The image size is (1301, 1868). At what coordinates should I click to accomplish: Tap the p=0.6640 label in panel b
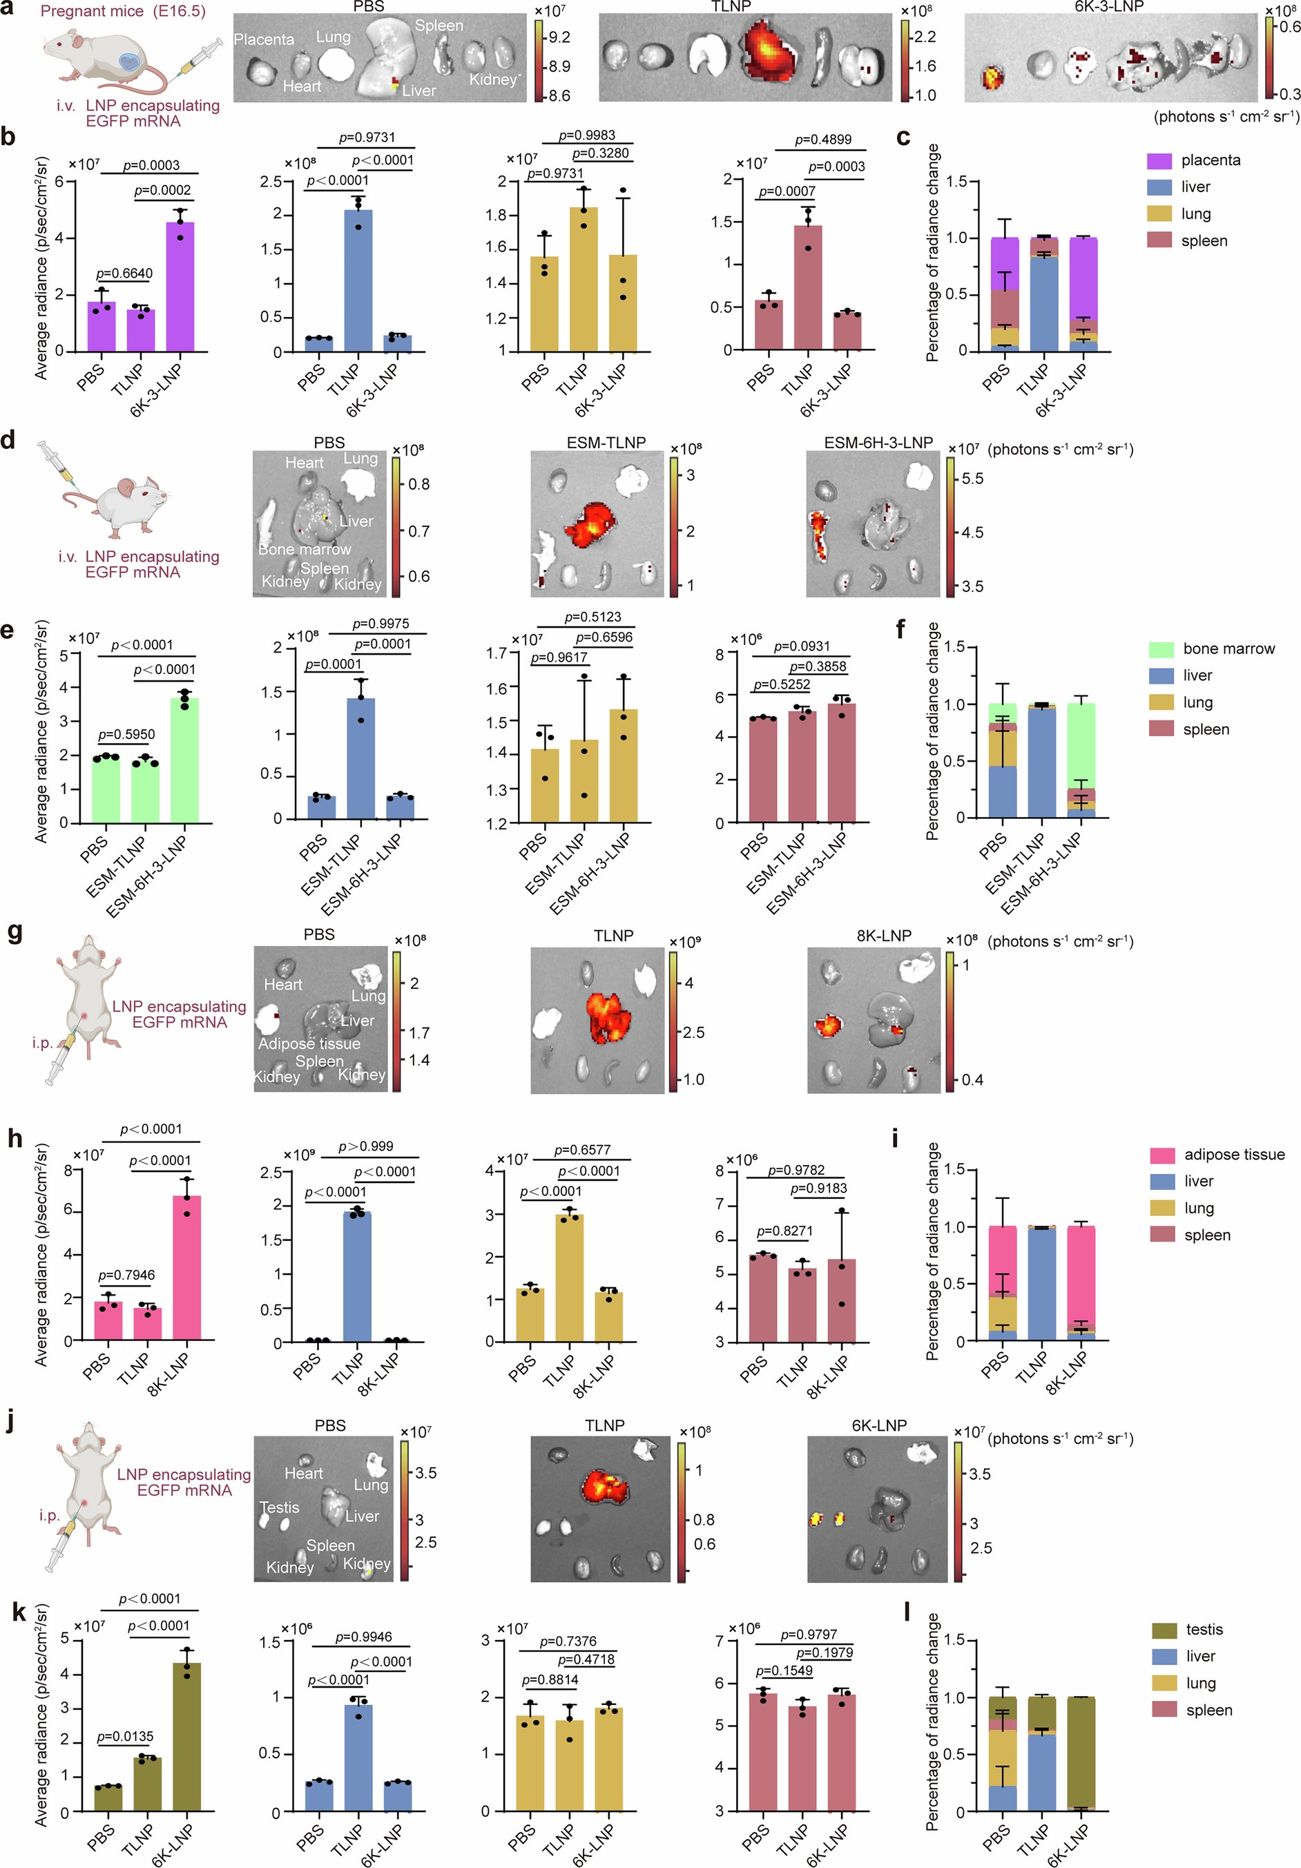[124, 273]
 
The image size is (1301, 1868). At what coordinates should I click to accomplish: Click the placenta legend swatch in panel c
[1159, 160]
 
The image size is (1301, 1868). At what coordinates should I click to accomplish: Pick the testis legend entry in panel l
[1204, 1630]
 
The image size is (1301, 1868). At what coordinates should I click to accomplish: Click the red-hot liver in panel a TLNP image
[768, 51]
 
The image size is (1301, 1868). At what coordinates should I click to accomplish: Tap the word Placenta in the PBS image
[264, 39]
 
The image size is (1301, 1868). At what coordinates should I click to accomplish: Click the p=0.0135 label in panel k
[124, 1736]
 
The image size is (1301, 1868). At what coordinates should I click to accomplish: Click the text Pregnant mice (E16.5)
[123, 11]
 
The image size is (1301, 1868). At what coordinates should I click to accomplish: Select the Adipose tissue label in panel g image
[309, 1043]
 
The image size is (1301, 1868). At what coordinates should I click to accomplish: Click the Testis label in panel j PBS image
[279, 1508]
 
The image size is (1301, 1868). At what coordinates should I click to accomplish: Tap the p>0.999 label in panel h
[366, 1146]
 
